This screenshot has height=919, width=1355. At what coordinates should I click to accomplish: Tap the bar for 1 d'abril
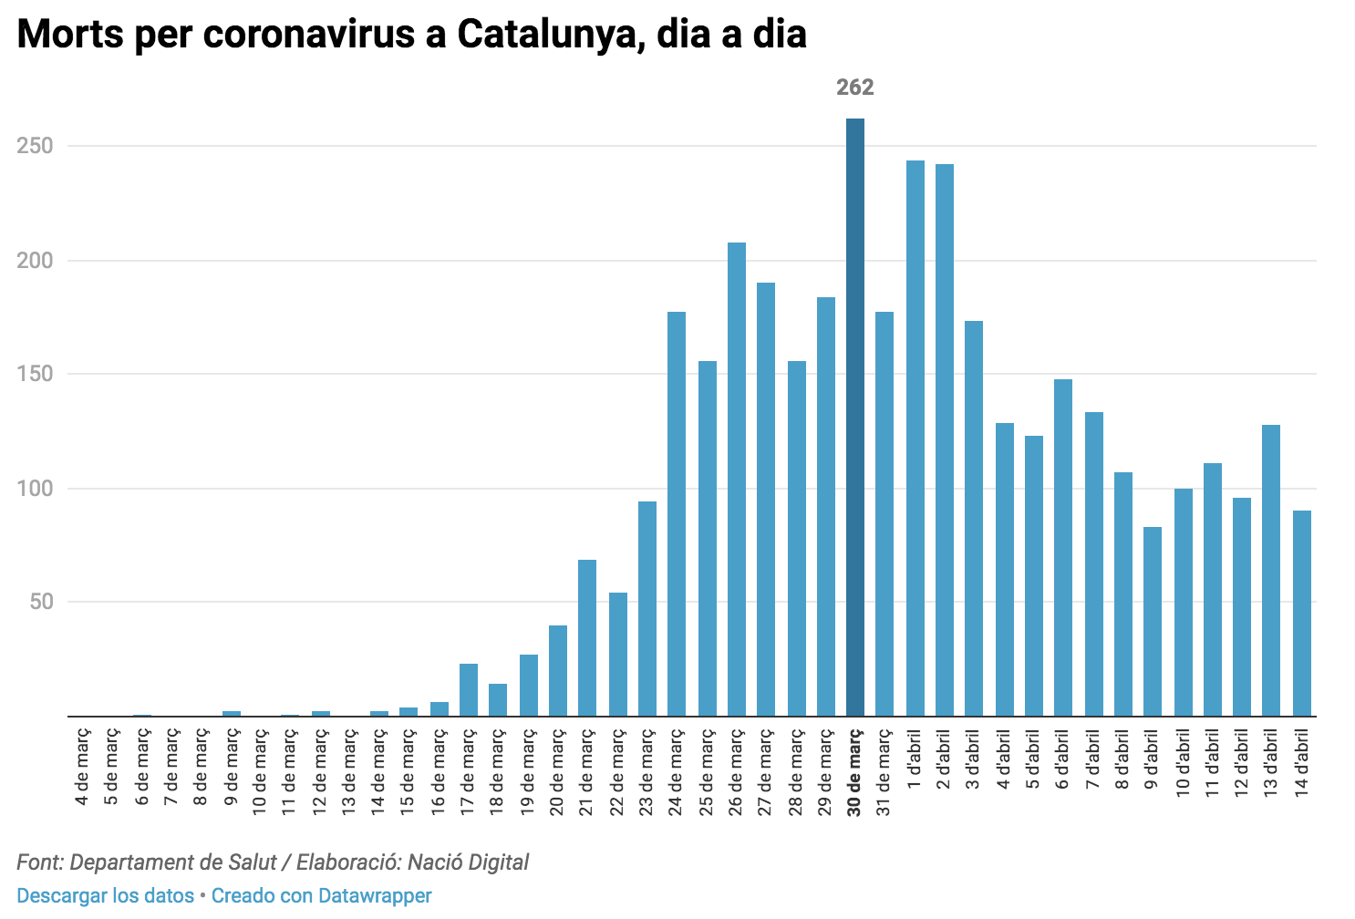click(915, 439)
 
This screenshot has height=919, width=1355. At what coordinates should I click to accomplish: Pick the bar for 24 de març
click(677, 514)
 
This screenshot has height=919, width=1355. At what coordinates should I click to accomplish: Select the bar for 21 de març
click(587, 638)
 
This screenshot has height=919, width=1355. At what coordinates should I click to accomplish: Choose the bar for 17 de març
click(469, 690)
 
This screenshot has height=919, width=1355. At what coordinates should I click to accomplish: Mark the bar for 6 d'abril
click(1063, 548)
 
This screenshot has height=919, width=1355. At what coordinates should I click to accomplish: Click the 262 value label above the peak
click(855, 88)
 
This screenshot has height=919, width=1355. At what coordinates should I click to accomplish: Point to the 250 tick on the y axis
click(36, 146)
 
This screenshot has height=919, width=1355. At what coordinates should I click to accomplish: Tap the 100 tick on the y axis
click(36, 489)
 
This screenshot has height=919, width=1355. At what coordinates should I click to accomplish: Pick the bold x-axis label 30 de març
click(855, 771)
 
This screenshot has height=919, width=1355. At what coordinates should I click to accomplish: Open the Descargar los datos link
click(105, 896)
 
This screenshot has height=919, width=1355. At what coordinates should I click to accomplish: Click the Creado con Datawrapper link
click(322, 896)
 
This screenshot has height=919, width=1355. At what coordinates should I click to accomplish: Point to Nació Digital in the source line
click(468, 862)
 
